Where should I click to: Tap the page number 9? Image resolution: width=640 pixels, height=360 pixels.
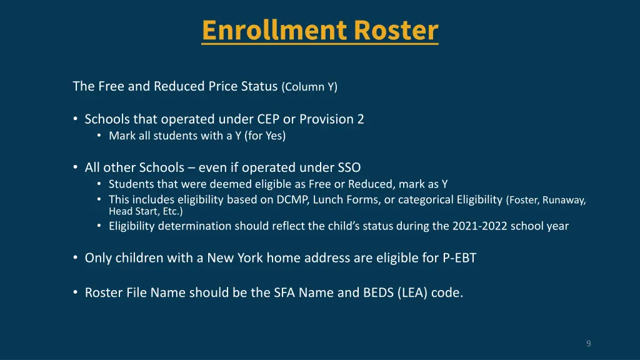[x=588, y=343]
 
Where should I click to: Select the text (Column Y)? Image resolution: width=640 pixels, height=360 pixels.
[x=309, y=87]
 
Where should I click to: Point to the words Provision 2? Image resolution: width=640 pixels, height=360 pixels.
[x=332, y=119]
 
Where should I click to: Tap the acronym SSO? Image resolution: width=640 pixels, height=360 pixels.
[x=349, y=167]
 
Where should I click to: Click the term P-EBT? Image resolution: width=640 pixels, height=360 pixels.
[x=458, y=257]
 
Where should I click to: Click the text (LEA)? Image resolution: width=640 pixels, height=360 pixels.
[x=412, y=292]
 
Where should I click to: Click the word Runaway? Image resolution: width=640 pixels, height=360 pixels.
[x=565, y=201]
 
